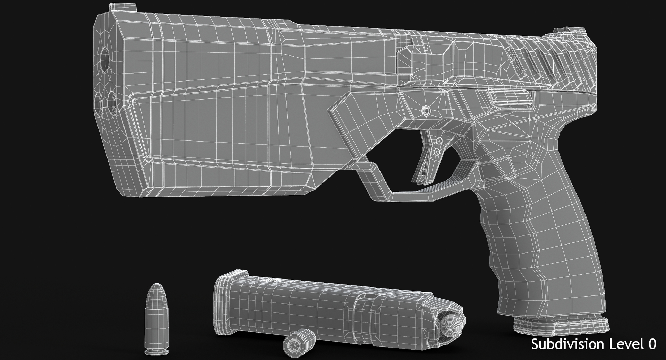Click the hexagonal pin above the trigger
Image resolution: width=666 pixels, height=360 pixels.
(426, 111)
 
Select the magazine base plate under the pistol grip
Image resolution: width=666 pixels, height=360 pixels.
(561, 324)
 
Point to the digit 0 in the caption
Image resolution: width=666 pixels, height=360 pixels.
(652, 344)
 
